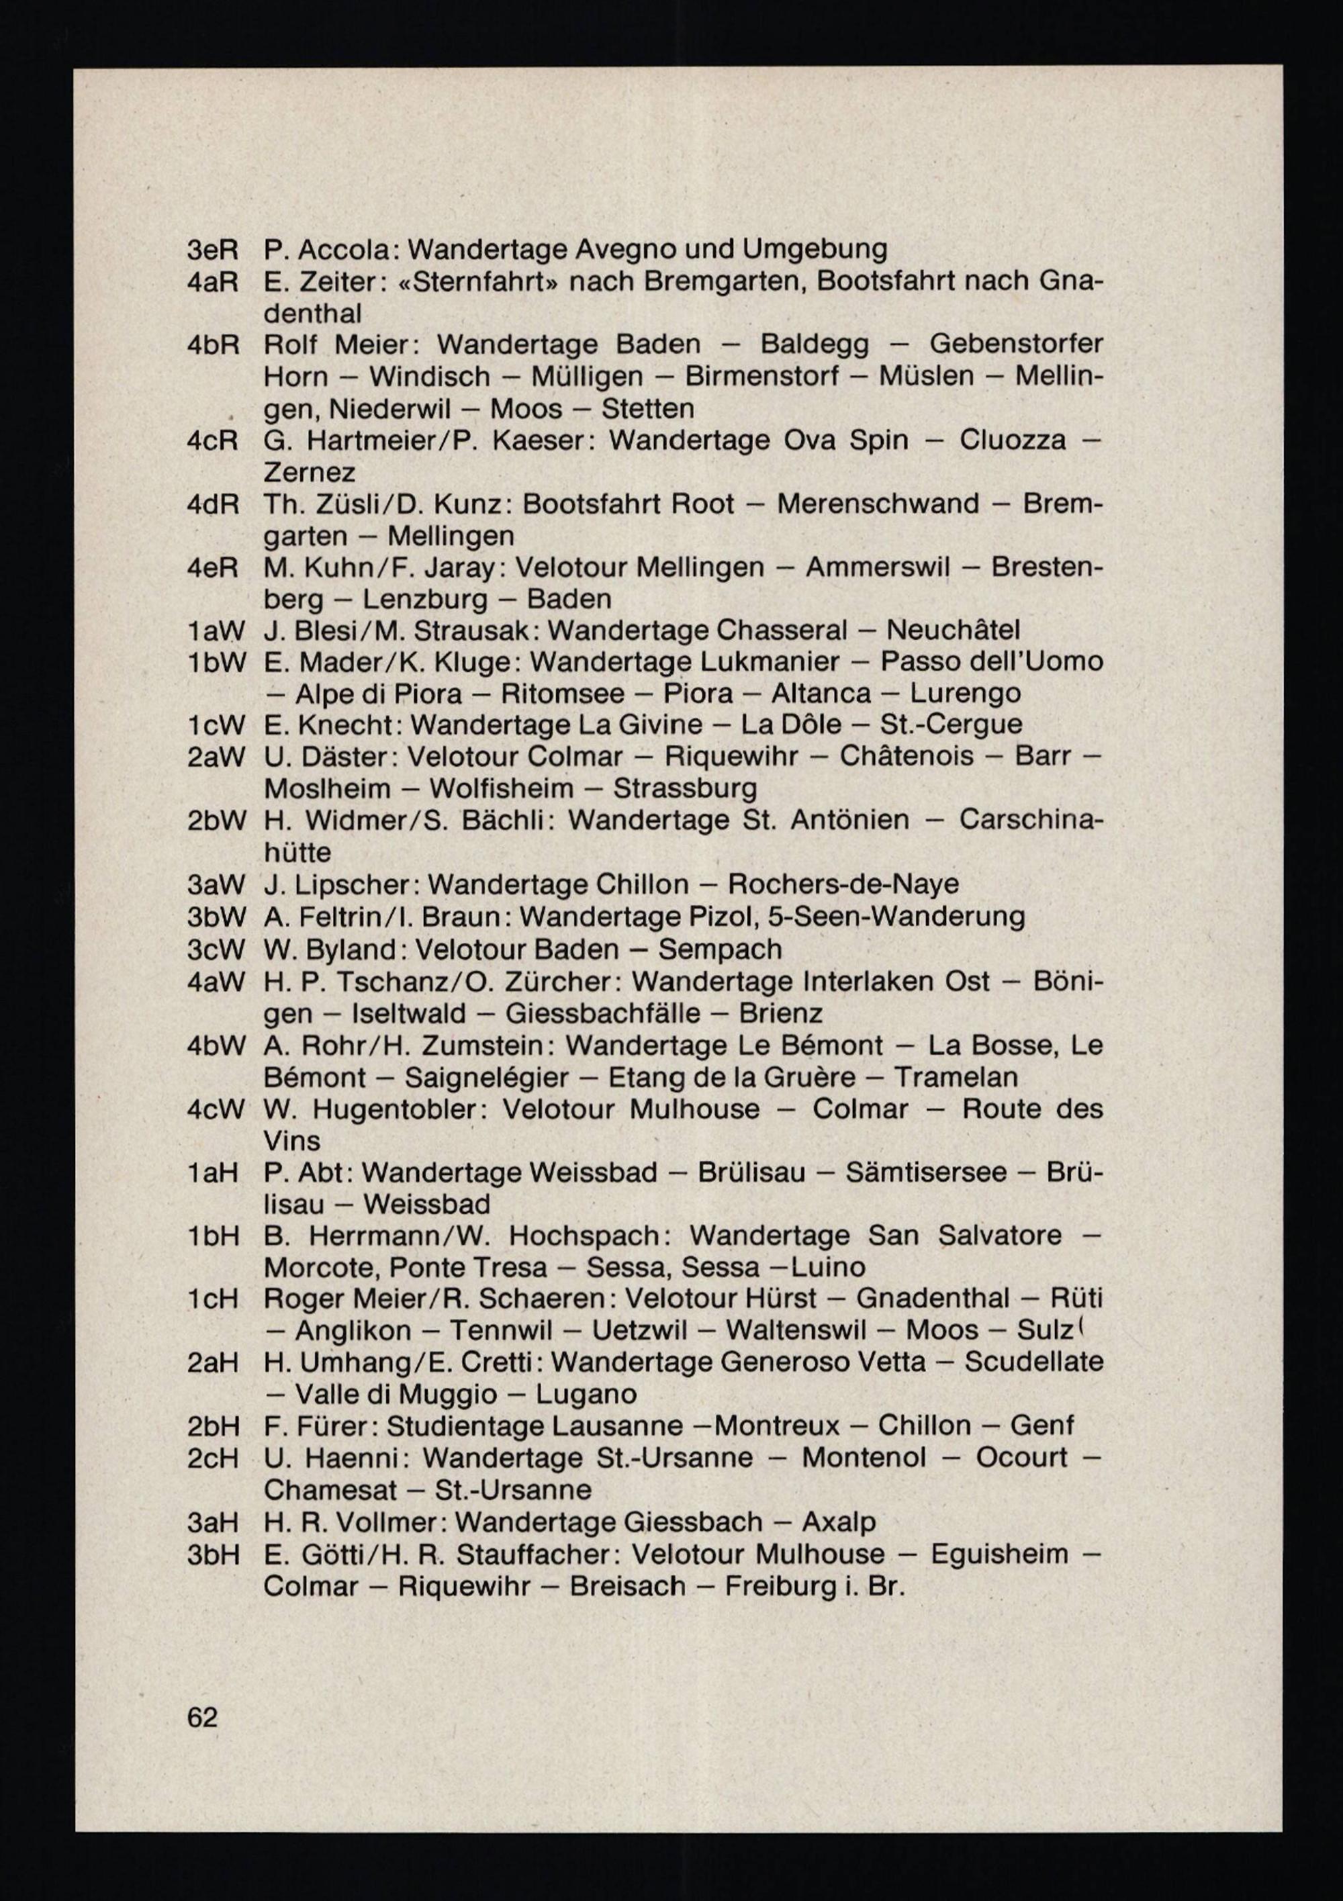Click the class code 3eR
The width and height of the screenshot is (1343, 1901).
pyautogui.click(x=213, y=248)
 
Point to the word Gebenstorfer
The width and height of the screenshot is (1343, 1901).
pyautogui.click(x=1016, y=344)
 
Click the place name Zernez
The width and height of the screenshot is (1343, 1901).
pyautogui.click(x=309, y=472)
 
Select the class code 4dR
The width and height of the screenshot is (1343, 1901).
pyautogui.click(x=213, y=504)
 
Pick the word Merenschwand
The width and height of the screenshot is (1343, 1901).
pyautogui.click(x=878, y=504)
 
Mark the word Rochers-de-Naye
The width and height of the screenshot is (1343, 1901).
pyautogui.click(x=843, y=884)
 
